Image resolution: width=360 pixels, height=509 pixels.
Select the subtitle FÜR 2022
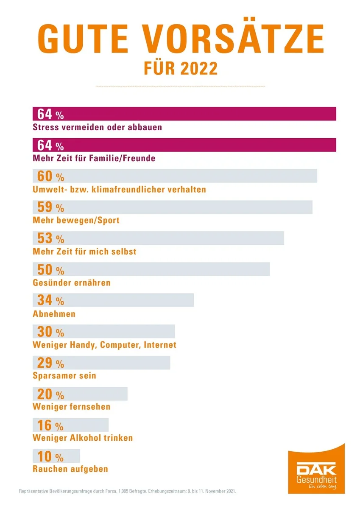tap(180, 68)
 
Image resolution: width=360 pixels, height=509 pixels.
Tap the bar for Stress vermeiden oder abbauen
tap(199, 114)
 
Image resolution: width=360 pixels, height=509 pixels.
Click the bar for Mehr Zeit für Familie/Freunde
tap(199, 145)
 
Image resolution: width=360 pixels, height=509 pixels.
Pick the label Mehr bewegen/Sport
tap(76, 220)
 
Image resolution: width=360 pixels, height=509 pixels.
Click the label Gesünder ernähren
tap(71, 282)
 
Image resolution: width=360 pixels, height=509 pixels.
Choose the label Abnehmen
tap(54, 314)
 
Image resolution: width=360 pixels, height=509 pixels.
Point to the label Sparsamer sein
tap(64, 376)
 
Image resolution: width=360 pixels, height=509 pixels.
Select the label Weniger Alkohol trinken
tap(83, 438)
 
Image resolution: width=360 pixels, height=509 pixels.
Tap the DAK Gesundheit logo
tap(316, 471)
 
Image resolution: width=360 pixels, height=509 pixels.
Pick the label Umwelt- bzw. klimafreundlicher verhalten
tap(119, 189)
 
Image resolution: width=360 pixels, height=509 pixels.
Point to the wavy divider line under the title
tap(180, 87)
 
